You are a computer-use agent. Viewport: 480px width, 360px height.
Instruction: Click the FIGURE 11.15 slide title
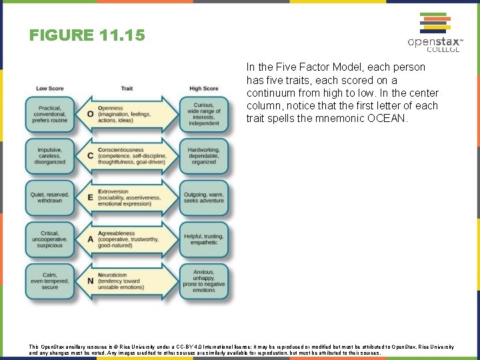coord(87,35)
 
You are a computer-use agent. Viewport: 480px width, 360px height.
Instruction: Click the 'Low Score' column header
coord(50,88)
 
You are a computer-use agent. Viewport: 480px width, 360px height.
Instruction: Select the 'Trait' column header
coord(127,88)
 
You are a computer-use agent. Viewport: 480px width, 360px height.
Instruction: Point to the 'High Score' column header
coord(203,88)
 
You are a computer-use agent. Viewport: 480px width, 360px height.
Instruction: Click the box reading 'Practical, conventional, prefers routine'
coord(50,114)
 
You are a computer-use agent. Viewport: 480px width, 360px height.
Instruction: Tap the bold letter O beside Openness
coord(90,114)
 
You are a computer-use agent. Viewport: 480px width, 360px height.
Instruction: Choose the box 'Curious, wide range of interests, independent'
coord(203,114)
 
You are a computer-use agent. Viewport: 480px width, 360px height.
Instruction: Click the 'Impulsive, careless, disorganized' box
coord(50,156)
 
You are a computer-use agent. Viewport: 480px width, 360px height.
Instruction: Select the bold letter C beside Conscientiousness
coord(90,156)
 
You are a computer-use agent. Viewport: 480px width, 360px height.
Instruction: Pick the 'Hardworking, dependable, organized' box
coord(203,156)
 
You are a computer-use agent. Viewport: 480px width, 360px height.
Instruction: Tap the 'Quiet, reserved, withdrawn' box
coord(50,198)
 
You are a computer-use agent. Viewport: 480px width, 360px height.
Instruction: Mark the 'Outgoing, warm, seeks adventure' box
coord(203,198)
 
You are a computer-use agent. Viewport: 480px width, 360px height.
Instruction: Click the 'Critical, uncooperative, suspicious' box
coord(50,239)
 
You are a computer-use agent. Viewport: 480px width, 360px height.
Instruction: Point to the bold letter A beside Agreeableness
coord(90,239)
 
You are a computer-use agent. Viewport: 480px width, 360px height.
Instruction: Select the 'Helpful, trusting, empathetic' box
coord(203,239)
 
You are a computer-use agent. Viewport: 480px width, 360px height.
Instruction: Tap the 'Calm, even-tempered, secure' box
coord(50,281)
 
